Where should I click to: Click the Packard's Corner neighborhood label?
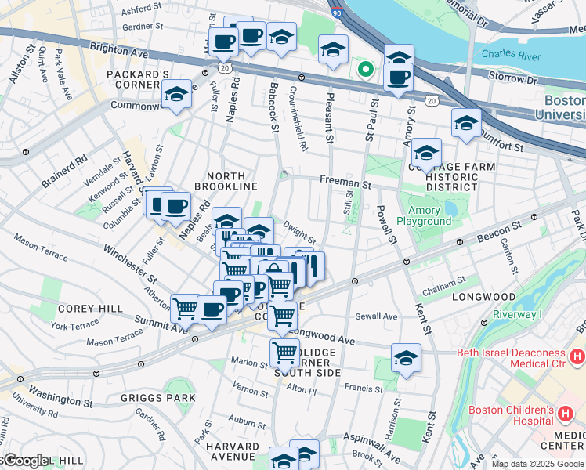pos(139,80)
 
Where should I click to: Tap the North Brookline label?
pos(231,181)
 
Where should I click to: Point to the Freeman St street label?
pos(345,183)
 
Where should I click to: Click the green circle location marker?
pos(364,69)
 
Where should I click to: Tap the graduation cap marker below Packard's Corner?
pos(177,96)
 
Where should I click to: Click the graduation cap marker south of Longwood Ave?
pos(406,358)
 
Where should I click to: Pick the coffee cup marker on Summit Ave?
pos(212,309)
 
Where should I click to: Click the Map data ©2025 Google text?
pos(537,464)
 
